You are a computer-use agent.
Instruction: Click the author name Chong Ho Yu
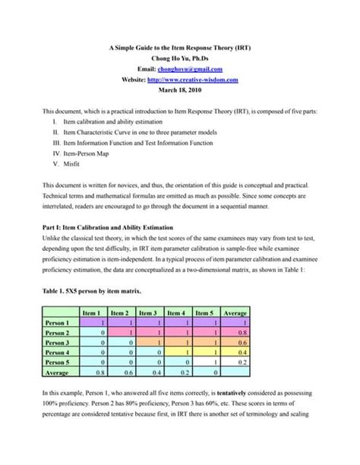(180, 59)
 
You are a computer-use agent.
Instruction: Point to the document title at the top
(180, 48)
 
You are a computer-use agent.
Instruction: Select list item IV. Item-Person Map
(88, 152)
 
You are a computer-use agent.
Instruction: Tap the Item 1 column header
(93, 312)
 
